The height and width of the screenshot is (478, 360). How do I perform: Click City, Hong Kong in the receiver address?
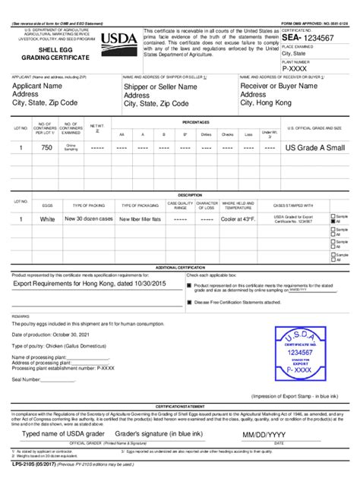[x=271, y=104]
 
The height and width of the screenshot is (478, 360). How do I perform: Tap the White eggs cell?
[x=47, y=219]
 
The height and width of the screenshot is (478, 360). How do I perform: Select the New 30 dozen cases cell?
[x=88, y=219]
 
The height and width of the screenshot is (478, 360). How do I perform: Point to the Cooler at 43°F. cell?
[x=238, y=219]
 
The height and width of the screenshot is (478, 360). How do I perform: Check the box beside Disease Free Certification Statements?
[x=189, y=301]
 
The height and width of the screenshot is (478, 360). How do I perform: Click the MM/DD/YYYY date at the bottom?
[x=264, y=434]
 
